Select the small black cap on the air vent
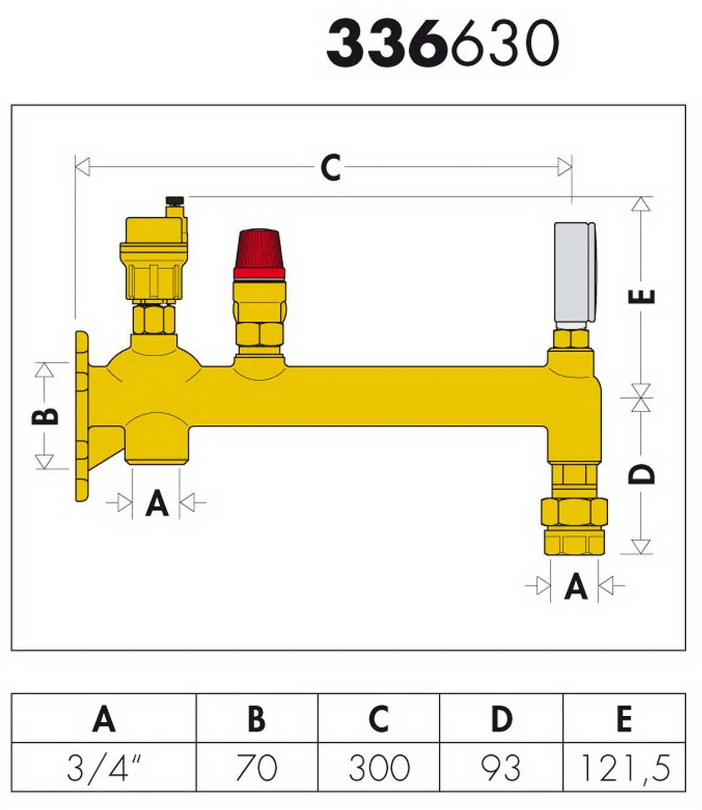pyautogui.click(x=175, y=201)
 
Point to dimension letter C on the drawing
pyautogui.click(x=331, y=168)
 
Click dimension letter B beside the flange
pyautogui.click(x=45, y=416)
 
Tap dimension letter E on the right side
pyautogui.click(x=642, y=296)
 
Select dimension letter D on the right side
pyautogui.click(x=642, y=474)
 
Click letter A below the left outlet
pyautogui.click(x=156, y=503)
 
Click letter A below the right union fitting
pyautogui.click(x=576, y=586)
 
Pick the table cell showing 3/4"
pyautogui.click(x=104, y=767)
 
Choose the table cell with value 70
pyautogui.click(x=257, y=767)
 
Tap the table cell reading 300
pyautogui.click(x=379, y=767)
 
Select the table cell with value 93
pyautogui.click(x=501, y=767)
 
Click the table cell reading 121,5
pyautogui.click(x=624, y=767)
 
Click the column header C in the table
pyautogui.click(x=379, y=719)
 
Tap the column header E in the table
pyautogui.click(x=624, y=719)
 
